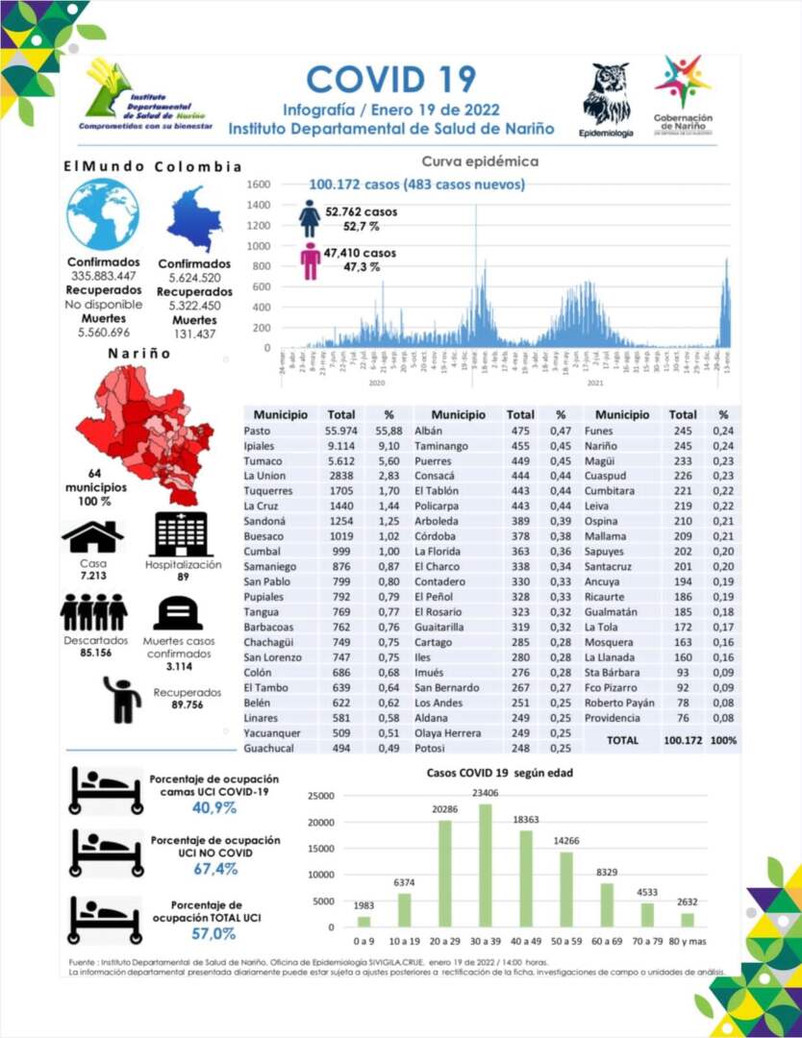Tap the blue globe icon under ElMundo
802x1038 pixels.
(103, 214)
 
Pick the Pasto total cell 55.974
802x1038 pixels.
(341, 432)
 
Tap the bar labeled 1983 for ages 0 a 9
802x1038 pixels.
(363, 922)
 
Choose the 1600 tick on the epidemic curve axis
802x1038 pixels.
(260, 184)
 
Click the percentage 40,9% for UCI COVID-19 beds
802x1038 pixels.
(213, 808)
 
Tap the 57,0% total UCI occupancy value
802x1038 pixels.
(213, 933)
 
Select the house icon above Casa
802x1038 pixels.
(92, 535)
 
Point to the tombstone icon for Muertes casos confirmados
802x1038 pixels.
(178, 612)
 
